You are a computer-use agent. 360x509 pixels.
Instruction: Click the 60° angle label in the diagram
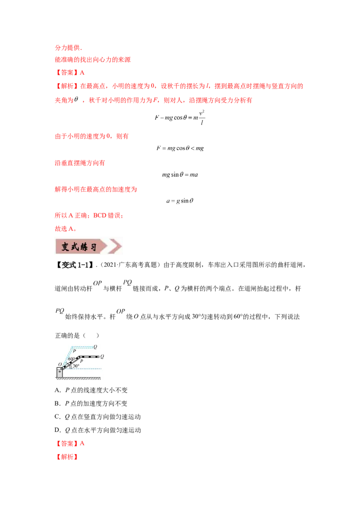pyautogui.click(x=72, y=359)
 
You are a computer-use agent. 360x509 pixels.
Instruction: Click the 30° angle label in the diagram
pyautogui.click(x=76, y=366)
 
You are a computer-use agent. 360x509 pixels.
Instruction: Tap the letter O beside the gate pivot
pyautogui.click(x=60, y=364)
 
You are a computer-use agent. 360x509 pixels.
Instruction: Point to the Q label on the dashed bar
pyautogui.click(x=95, y=347)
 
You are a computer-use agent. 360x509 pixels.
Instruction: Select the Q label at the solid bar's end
pyautogui.click(x=102, y=357)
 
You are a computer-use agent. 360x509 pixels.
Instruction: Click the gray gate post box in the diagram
pyautogui.click(x=59, y=373)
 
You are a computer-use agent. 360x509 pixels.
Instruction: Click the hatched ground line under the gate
pyautogui.click(x=78, y=378)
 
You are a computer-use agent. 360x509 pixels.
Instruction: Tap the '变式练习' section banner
pyautogui.click(x=89, y=246)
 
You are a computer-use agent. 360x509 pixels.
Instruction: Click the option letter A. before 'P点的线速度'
pyautogui.click(x=58, y=390)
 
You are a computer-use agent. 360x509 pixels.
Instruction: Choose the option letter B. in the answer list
pyautogui.click(x=58, y=403)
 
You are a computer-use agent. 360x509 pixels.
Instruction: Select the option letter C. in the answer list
pyautogui.click(x=58, y=417)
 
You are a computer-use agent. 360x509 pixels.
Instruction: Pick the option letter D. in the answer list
pyautogui.click(x=58, y=430)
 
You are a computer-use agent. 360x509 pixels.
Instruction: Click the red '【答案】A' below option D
pyautogui.click(x=70, y=443)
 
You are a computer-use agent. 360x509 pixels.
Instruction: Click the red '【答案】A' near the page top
pyautogui.click(x=70, y=73)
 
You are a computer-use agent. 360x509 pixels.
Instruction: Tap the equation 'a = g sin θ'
pyautogui.click(x=180, y=201)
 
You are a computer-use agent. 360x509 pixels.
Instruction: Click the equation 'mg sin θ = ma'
pyautogui.click(x=180, y=174)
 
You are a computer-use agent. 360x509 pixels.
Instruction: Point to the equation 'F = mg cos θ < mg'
pyautogui.click(x=180, y=148)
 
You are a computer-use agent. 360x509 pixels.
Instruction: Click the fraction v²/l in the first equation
pyautogui.click(x=202, y=117)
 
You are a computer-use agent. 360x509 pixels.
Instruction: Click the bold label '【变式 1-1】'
pyautogui.click(x=74, y=265)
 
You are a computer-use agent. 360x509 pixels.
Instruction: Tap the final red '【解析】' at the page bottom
pyautogui.click(x=67, y=457)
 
